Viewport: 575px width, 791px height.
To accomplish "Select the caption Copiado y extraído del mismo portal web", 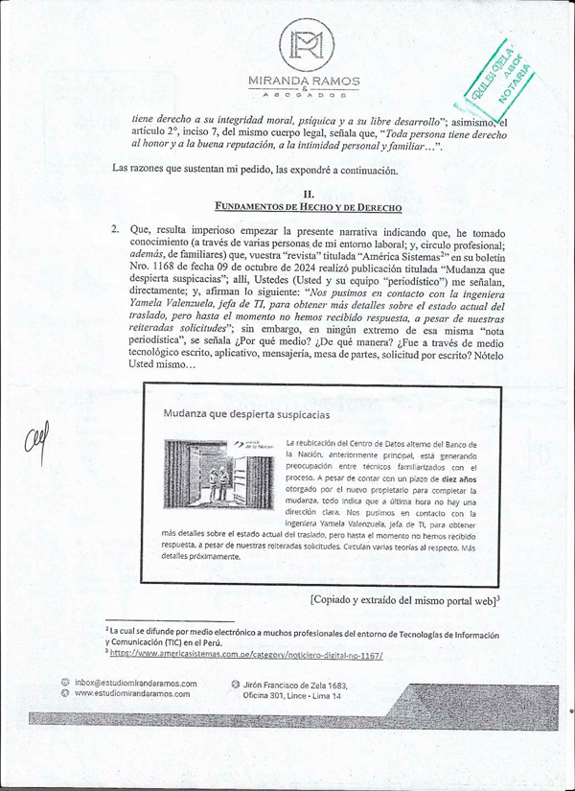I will [406, 599].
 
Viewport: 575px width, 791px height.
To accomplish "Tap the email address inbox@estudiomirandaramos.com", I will [135, 684].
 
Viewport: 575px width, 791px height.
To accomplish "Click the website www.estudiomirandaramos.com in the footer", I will [136, 693].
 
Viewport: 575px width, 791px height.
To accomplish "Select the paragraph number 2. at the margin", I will [115, 230].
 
